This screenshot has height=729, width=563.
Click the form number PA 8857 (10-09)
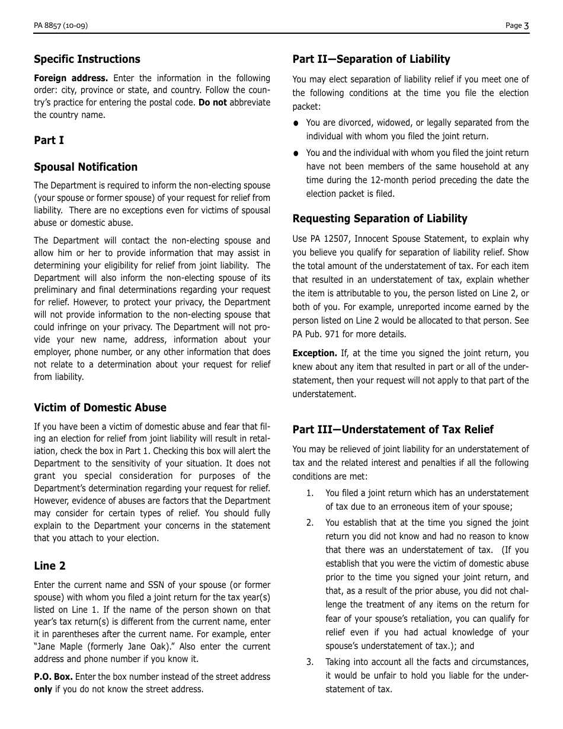pyautogui.click(x=61, y=25)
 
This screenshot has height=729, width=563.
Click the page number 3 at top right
pyautogui.click(x=526, y=25)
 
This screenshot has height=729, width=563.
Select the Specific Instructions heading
pyautogui.click(x=87, y=59)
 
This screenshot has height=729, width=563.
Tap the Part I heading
pyautogui.click(x=49, y=140)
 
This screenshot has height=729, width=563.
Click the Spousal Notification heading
pyautogui.click(x=85, y=167)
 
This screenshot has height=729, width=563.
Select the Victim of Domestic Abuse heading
pyautogui.click(x=100, y=408)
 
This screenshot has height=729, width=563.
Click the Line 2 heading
pyautogui.click(x=50, y=566)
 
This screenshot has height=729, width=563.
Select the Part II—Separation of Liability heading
pyautogui.click(x=371, y=59)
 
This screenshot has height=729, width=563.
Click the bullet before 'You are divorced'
pyautogui.click(x=296, y=123)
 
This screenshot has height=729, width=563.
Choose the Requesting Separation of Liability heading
pyautogui.click(x=379, y=219)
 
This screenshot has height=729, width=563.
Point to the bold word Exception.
pyautogui.click(x=314, y=353)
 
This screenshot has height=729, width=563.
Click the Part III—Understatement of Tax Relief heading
pyautogui.click(x=392, y=430)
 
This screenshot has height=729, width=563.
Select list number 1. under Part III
pyautogui.click(x=309, y=493)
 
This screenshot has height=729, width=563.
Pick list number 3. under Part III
pyautogui.click(x=309, y=662)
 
